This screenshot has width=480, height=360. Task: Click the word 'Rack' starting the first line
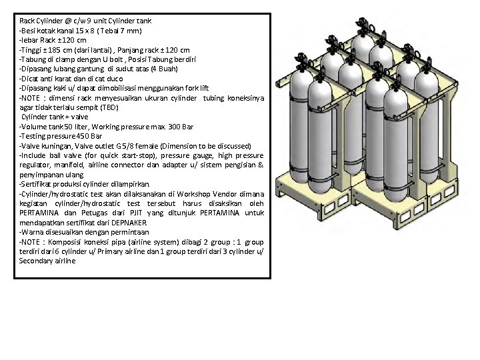pos(28,21)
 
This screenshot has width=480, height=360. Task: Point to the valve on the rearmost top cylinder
pos(368,26)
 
